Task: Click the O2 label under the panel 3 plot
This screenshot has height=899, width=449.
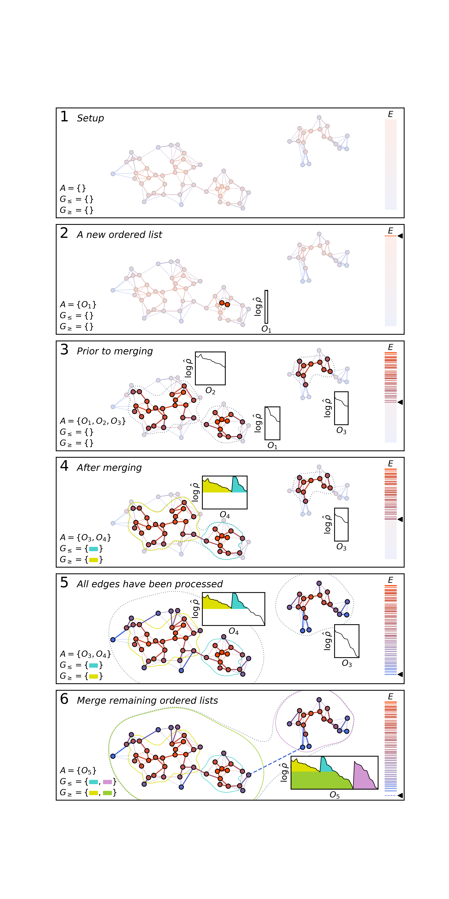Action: click(210, 391)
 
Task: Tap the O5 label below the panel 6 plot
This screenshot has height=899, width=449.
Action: click(334, 795)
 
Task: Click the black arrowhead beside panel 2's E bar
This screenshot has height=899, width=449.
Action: click(400, 236)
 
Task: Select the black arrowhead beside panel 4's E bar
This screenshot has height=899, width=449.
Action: click(400, 519)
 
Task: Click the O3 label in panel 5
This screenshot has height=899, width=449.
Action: click(346, 663)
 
